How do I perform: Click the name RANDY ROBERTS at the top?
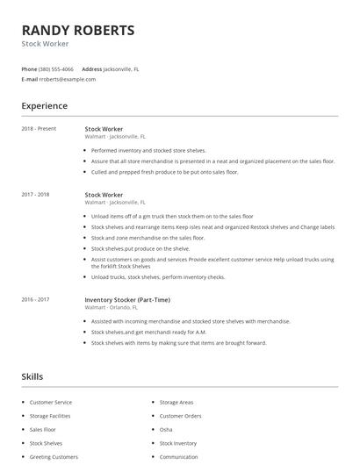click(x=78, y=30)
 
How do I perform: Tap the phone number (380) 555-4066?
click(x=57, y=68)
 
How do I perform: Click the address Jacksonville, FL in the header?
click(x=121, y=68)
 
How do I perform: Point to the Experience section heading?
click(x=44, y=106)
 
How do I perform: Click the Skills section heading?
click(x=32, y=376)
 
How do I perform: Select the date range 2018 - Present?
click(x=39, y=128)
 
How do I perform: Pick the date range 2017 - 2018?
click(x=35, y=194)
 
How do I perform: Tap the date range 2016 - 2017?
click(x=35, y=299)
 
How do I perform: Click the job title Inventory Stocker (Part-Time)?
click(x=126, y=299)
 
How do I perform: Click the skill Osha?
click(x=166, y=430)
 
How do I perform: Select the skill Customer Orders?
click(x=180, y=416)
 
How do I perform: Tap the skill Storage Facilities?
click(x=51, y=416)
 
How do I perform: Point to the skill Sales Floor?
click(x=42, y=430)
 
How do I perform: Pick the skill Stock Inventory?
click(x=178, y=444)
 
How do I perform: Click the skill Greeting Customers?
click(x=54, y=457)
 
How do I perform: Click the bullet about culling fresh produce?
click(x=164, y=172)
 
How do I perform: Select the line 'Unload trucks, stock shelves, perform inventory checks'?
click(x=158, y=277)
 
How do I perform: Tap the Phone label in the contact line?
click(x=29, y=68)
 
